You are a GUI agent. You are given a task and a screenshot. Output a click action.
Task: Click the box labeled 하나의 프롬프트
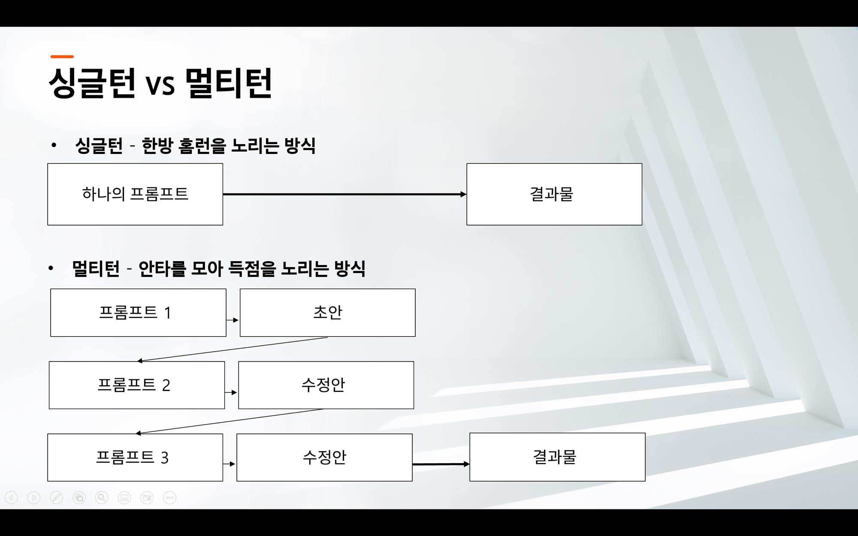(x=135, y=194)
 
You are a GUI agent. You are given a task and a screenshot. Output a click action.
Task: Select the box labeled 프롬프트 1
(x=138, y=313)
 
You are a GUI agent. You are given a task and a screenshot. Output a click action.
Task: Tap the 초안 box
(x=328, y=313)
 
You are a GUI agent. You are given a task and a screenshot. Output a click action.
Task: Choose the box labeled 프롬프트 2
(x=137, y=385)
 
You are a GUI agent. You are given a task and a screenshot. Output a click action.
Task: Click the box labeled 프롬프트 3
(x=135, y=458)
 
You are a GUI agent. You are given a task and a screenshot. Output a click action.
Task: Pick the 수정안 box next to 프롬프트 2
(x=326, y=385)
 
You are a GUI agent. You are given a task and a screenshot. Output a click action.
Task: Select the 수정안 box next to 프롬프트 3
(x=324, y=458)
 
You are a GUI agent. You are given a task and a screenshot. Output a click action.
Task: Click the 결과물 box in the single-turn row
(x=554, y=194)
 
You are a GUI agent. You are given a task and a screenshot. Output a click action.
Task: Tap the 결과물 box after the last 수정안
(x=557, y=457)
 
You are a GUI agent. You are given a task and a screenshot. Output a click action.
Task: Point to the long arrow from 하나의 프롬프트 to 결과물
(x=345, y=194)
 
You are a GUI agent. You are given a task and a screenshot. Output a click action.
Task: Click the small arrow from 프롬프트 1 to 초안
(x=233, y=320)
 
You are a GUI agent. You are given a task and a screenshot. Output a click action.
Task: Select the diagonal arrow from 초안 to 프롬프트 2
(x=232, y=349)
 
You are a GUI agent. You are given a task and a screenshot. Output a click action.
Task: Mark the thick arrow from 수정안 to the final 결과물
(x=441, y=464)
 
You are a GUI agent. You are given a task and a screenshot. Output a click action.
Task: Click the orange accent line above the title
(x=62, y=56)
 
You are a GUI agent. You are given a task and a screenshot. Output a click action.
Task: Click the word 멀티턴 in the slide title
(x=229, y=83)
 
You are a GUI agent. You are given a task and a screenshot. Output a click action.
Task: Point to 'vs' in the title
(x=160, y=84)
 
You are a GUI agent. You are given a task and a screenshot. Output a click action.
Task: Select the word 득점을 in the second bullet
(x=252, y=269)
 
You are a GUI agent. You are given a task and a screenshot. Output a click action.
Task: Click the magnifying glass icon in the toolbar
(x=102, y=497)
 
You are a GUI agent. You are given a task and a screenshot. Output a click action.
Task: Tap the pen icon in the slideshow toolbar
(x=56, y=497)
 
